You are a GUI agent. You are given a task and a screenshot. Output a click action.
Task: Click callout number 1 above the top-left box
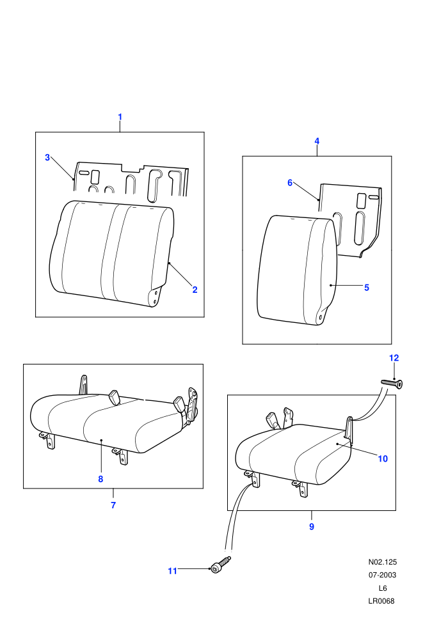coord(120,117)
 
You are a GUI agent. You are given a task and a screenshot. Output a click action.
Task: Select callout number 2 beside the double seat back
coord(195,290)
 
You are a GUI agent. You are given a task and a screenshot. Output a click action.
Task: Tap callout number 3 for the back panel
coord(47,157)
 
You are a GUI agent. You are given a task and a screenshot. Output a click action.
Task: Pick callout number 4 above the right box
coord(317,141)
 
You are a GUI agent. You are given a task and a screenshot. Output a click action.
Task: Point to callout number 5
coord(367,288)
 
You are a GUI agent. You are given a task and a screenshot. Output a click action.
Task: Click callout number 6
coord(290,183)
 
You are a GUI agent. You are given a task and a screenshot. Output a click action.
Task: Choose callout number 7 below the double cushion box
coord(113,505)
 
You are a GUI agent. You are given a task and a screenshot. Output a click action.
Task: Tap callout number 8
coord(100,479)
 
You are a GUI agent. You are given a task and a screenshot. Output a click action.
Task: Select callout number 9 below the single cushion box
coord(312,527)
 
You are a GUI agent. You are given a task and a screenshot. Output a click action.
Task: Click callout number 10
coord(383,459)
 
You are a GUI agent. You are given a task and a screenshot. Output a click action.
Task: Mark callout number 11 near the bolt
coord(173,571)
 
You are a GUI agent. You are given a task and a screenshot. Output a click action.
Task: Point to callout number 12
coord(394,358)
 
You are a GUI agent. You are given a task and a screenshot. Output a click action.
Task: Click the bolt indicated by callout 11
coord(220,565)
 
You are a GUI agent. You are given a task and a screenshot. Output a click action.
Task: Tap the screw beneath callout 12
coord(392,384)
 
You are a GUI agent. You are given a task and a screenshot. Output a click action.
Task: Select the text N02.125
coord(383,562)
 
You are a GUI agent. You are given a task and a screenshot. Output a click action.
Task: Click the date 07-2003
coord(383,575)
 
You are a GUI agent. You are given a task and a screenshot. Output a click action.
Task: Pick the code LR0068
coord(381,600)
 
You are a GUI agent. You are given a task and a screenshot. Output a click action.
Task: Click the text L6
coord(383,588)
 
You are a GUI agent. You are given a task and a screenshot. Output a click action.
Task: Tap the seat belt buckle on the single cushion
coord(271,421)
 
